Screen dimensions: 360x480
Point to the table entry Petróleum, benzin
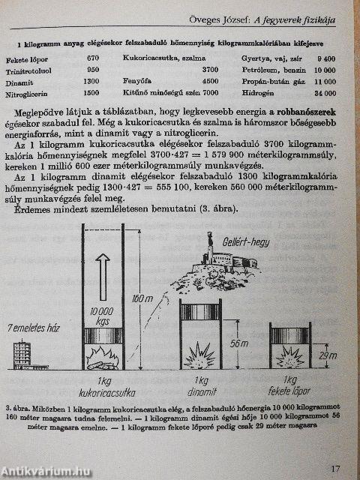click(266, 70)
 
